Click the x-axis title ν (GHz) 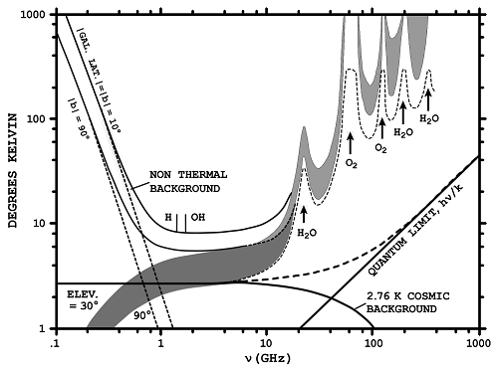click(x=266, y=355)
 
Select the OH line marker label click(x=197, y=216)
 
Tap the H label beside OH click(x=167, y=216)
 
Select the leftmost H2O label click(x=305, y=232)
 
